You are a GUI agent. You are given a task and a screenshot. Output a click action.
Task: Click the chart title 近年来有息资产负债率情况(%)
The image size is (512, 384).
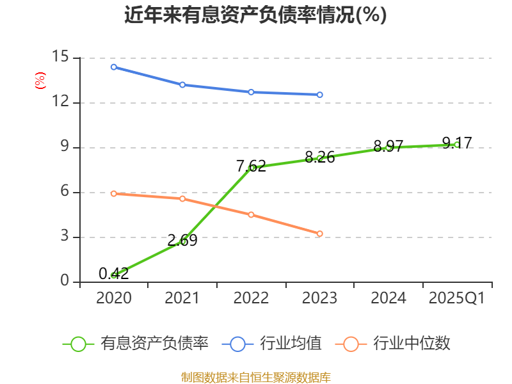tap(255, 15)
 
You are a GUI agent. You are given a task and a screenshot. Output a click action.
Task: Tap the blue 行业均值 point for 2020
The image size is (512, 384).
tap(114, 67)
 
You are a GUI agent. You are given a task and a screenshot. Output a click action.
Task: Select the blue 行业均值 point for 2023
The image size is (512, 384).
tap(320, 95)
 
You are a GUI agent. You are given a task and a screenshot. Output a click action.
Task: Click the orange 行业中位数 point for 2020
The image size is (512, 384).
tap(114, 193)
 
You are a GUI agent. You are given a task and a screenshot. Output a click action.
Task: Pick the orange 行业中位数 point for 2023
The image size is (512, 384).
tap(320, 234)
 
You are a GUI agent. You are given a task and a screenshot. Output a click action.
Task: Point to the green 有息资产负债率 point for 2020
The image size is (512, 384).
tap(114, 275)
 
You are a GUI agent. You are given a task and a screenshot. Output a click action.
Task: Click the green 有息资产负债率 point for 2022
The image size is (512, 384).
tap(252, 168)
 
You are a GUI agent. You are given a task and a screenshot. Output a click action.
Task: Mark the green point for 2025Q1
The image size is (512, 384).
tap(456, 145)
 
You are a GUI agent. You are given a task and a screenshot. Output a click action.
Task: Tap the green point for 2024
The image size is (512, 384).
tap(388, 147)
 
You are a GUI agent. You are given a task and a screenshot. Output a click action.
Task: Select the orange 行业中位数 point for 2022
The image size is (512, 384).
tap(252, 214)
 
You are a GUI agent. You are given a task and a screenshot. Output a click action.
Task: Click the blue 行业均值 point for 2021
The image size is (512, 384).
tap(182, 84)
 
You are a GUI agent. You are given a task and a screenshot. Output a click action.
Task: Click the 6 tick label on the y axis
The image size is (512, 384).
tap(64, 192)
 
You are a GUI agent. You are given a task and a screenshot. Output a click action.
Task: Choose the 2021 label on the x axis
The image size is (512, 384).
tap(182, 298)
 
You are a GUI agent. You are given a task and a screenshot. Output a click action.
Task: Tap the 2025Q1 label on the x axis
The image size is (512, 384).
tap(456, 298)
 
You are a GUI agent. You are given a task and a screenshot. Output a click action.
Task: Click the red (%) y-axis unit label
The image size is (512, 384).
tap(40, 81)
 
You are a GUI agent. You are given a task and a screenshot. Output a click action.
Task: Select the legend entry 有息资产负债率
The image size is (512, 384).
tap(136, 344)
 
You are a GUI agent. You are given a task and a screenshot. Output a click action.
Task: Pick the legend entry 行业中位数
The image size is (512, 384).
tap(393, 344)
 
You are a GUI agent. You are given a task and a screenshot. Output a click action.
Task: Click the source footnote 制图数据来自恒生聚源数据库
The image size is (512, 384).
tap(255, 377)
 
